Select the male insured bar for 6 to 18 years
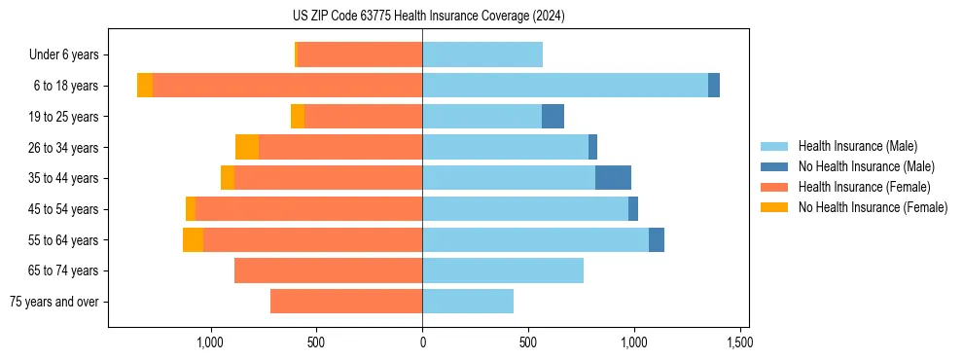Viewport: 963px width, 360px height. (564, 86)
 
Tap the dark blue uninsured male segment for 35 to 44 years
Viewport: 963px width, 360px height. (613, 178)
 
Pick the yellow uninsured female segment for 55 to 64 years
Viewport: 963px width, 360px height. (193, 240)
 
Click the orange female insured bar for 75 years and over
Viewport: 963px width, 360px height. (346, 302)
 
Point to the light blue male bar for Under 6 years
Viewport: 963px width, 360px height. (482, 54)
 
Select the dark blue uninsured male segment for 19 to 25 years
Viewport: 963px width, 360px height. (553, 117)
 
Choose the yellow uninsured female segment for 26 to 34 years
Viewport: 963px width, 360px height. (247, 147)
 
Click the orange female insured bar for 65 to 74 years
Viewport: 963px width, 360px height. (328, 270)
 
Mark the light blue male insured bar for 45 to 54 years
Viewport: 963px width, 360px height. (525, 209)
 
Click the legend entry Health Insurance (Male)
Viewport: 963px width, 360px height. (856, 146)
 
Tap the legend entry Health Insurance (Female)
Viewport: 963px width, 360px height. (863, 187)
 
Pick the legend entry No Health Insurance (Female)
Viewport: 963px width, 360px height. (872, 207)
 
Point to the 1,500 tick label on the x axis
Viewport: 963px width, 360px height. (739, 342)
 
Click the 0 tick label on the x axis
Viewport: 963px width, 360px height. (422, 342)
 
